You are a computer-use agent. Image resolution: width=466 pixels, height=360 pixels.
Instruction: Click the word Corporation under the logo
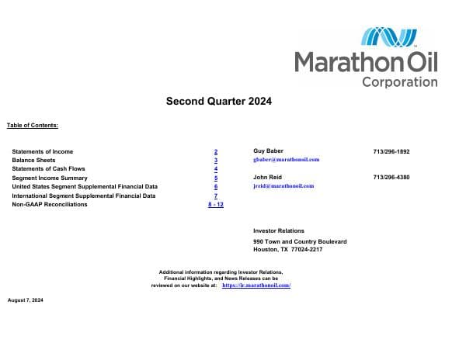point(399,81)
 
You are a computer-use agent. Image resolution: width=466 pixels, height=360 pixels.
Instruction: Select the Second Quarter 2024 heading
point(219,101)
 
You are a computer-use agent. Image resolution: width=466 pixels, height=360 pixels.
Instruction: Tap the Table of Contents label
point(33,125)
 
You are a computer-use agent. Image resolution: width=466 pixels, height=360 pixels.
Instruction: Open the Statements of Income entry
point(43,151)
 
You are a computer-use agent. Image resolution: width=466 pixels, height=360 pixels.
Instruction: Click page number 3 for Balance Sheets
point(215,161)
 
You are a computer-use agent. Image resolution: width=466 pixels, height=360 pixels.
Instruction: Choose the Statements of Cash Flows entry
point(48,168)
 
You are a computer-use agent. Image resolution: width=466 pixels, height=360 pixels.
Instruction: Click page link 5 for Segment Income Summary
point(215,178)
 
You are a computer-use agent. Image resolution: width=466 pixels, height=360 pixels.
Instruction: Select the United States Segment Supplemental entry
point(85,187)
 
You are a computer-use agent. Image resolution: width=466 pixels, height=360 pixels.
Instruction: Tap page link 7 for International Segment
point(215,196)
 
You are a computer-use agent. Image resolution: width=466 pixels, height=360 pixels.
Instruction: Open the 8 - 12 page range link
point(215,204)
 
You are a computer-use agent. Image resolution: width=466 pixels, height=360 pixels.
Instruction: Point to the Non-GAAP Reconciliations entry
point(50,204)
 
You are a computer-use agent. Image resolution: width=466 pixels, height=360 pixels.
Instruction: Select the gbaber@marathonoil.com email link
point(287,160)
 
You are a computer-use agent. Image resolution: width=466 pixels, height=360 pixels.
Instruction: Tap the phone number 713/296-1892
point(391,151)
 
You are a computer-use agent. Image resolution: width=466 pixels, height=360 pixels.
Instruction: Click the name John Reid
point(267,178)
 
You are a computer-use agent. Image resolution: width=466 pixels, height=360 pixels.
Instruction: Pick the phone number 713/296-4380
point(391,178)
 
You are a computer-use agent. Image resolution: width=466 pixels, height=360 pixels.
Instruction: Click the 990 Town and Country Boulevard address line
point(300,242)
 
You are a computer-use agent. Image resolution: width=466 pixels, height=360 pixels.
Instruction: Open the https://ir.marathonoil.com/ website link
point(256,286)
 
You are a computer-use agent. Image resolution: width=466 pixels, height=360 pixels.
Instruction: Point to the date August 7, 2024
point(26,299)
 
